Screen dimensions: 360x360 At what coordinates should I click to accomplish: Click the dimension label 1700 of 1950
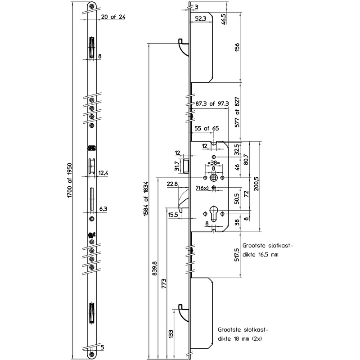click(70, 180)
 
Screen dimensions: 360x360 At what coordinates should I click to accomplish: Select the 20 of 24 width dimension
click(113, 17)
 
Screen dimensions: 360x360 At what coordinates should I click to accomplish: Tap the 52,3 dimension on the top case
click(201, 18)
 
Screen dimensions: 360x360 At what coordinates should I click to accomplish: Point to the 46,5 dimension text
click(223, 19)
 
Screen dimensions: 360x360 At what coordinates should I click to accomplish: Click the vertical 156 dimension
click(237, 47)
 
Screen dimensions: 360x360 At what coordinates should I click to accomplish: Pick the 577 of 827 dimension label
click(237, 112)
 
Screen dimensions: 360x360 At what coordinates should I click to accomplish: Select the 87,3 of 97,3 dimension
click(212, 103)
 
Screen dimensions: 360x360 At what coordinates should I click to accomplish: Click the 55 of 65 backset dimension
click(207, 128)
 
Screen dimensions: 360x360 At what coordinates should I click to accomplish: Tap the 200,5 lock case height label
click(256, 184)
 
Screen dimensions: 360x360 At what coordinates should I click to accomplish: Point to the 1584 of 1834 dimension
click(146, 199)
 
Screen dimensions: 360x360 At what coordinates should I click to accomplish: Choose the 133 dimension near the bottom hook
click(171, 334)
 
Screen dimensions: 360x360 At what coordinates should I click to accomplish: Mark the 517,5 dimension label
click(237, 254)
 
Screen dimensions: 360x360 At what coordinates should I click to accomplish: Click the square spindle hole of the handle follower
click(214, 178)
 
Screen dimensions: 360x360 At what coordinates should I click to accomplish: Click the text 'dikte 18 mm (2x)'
click(240, 339)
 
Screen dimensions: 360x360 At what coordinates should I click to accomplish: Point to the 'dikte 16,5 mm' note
click(261, 255)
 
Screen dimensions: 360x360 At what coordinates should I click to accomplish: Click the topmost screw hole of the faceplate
click(92, 6)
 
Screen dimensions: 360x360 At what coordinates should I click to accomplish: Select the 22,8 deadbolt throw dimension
click(172, 184)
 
